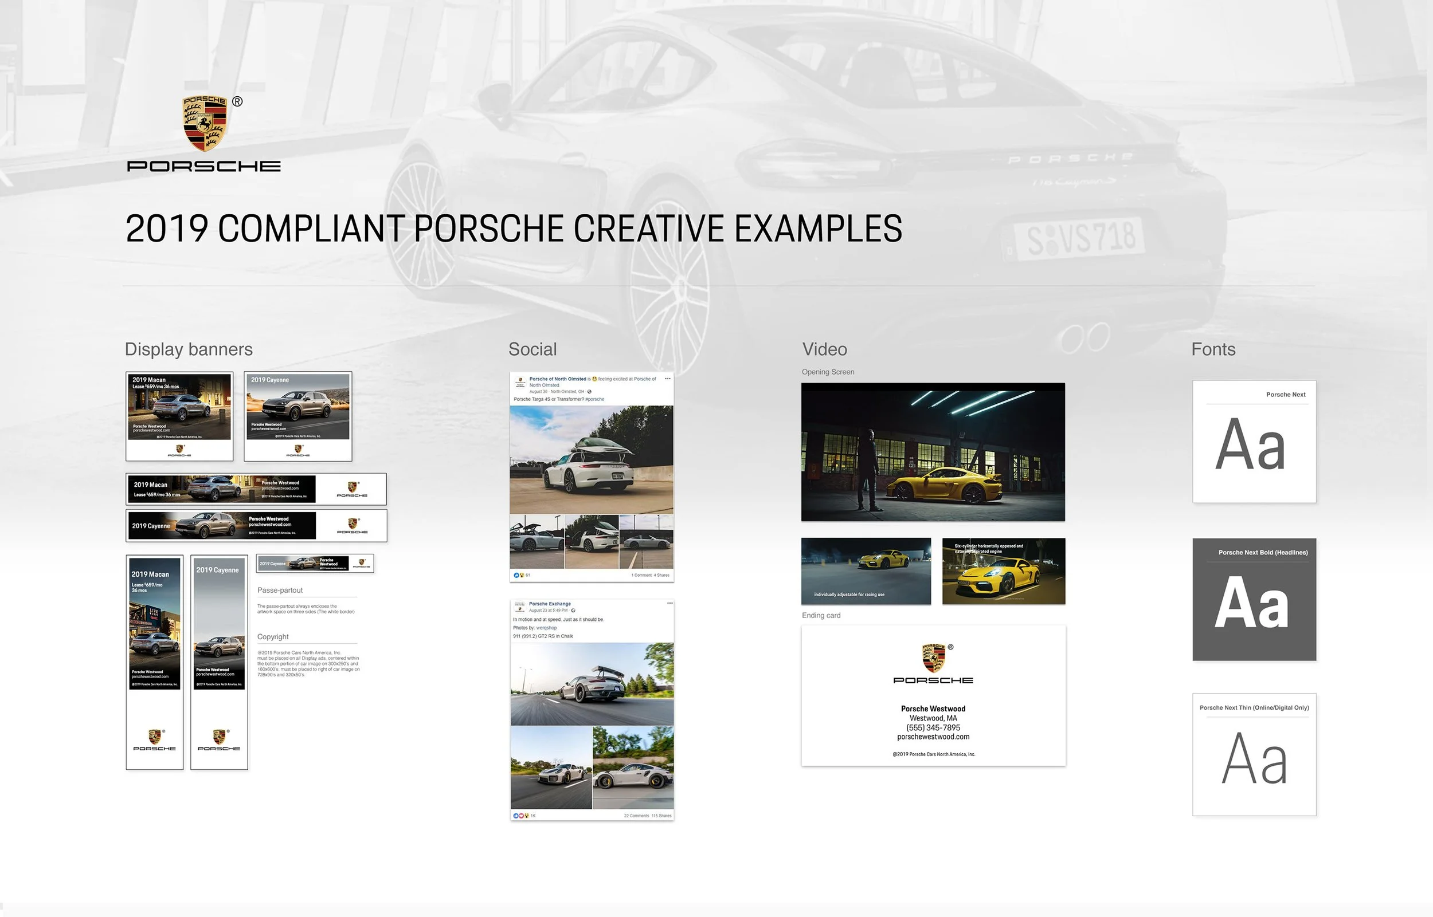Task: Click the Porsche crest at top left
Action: tap(205, 123)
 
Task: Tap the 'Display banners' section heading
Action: tap(188, 349)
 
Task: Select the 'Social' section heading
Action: tap(532, 349)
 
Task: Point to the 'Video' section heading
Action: tap(824, 349)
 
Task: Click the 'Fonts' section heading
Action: tap(1213, 349)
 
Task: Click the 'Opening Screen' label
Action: tap(828, 372)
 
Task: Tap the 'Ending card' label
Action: tap(821, 615)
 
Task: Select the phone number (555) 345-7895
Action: tap(933, 727)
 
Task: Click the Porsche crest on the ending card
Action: tap(933, 658)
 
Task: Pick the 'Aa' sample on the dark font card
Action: tap(1251, 603)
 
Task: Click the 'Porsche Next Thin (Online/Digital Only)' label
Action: tap(1254, 707)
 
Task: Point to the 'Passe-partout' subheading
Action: tap(280, 590)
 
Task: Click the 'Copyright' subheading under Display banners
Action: tap(273, 636)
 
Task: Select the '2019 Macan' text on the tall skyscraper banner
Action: tap(150, 574)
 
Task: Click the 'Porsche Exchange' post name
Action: tap(549, 604)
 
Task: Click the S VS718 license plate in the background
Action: tap(1081, 238)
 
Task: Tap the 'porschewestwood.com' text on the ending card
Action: tap(933, 737)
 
